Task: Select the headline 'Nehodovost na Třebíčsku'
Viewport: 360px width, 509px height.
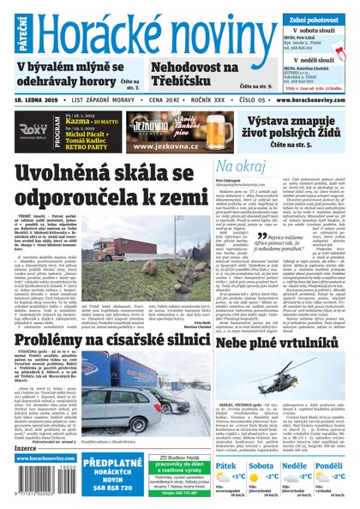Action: [195, 74]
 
